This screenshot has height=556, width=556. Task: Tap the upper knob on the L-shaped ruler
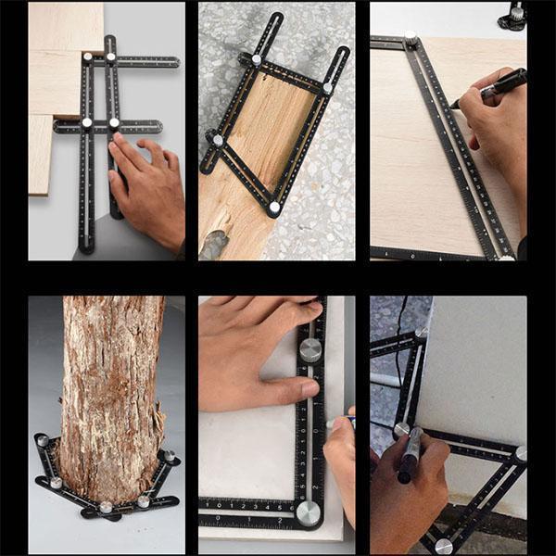pos(310,349)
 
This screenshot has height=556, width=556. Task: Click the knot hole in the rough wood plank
pos(214,243)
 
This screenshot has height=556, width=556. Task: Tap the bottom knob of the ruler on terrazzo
pos(273,208)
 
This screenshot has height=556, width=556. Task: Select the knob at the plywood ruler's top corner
pos(411,38)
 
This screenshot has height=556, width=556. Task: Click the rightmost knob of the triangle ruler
pos(521,454)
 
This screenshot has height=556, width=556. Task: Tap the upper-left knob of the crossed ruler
pos(88,58)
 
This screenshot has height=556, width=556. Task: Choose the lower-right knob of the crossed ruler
pos(115,122)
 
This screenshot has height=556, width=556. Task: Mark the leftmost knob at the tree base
pos(42,441)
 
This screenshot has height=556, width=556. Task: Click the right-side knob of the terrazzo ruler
pos(328,88)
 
